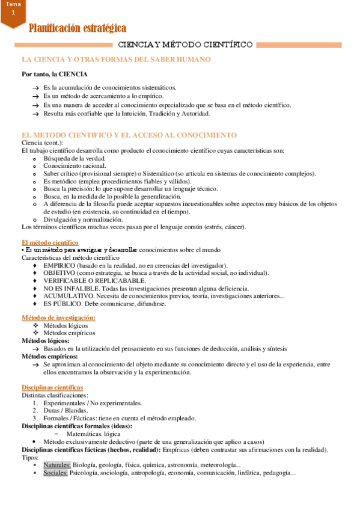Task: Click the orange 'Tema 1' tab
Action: coord(13,10)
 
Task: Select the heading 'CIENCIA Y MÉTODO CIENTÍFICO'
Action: coord(185,45)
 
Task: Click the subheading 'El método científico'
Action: coord(47,242)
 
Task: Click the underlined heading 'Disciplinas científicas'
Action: coord(52,387)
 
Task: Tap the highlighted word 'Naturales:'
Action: coord(57,465)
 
